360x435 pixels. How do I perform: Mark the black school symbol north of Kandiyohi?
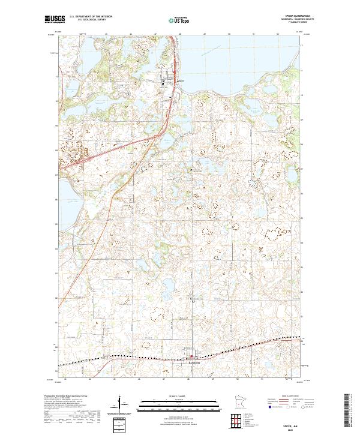pyautogui.click(x=193, y=301)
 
